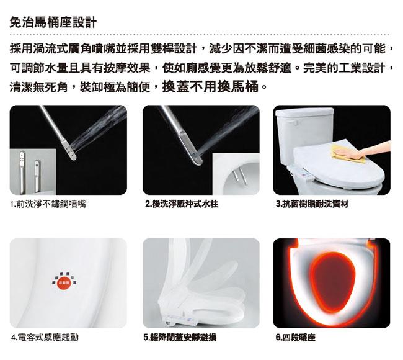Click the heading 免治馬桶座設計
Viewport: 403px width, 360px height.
point(53,22)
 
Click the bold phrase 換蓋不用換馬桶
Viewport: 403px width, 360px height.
point(210,86)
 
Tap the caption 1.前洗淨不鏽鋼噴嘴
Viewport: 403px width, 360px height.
point(48,204)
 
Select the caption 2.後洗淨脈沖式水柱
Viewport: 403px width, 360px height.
point(182,204)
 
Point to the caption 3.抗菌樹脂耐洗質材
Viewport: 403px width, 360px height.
point(312,204)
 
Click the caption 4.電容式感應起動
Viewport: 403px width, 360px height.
point(45,337)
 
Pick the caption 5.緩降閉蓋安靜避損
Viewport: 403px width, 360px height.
point(180,337)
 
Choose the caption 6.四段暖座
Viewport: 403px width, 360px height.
point(295,337)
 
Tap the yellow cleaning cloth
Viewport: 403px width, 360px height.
point(347,153)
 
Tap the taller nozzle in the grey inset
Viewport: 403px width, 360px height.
point(22,172)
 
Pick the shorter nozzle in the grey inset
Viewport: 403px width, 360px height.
point(37,176)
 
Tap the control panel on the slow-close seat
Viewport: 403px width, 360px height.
point(180,319)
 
